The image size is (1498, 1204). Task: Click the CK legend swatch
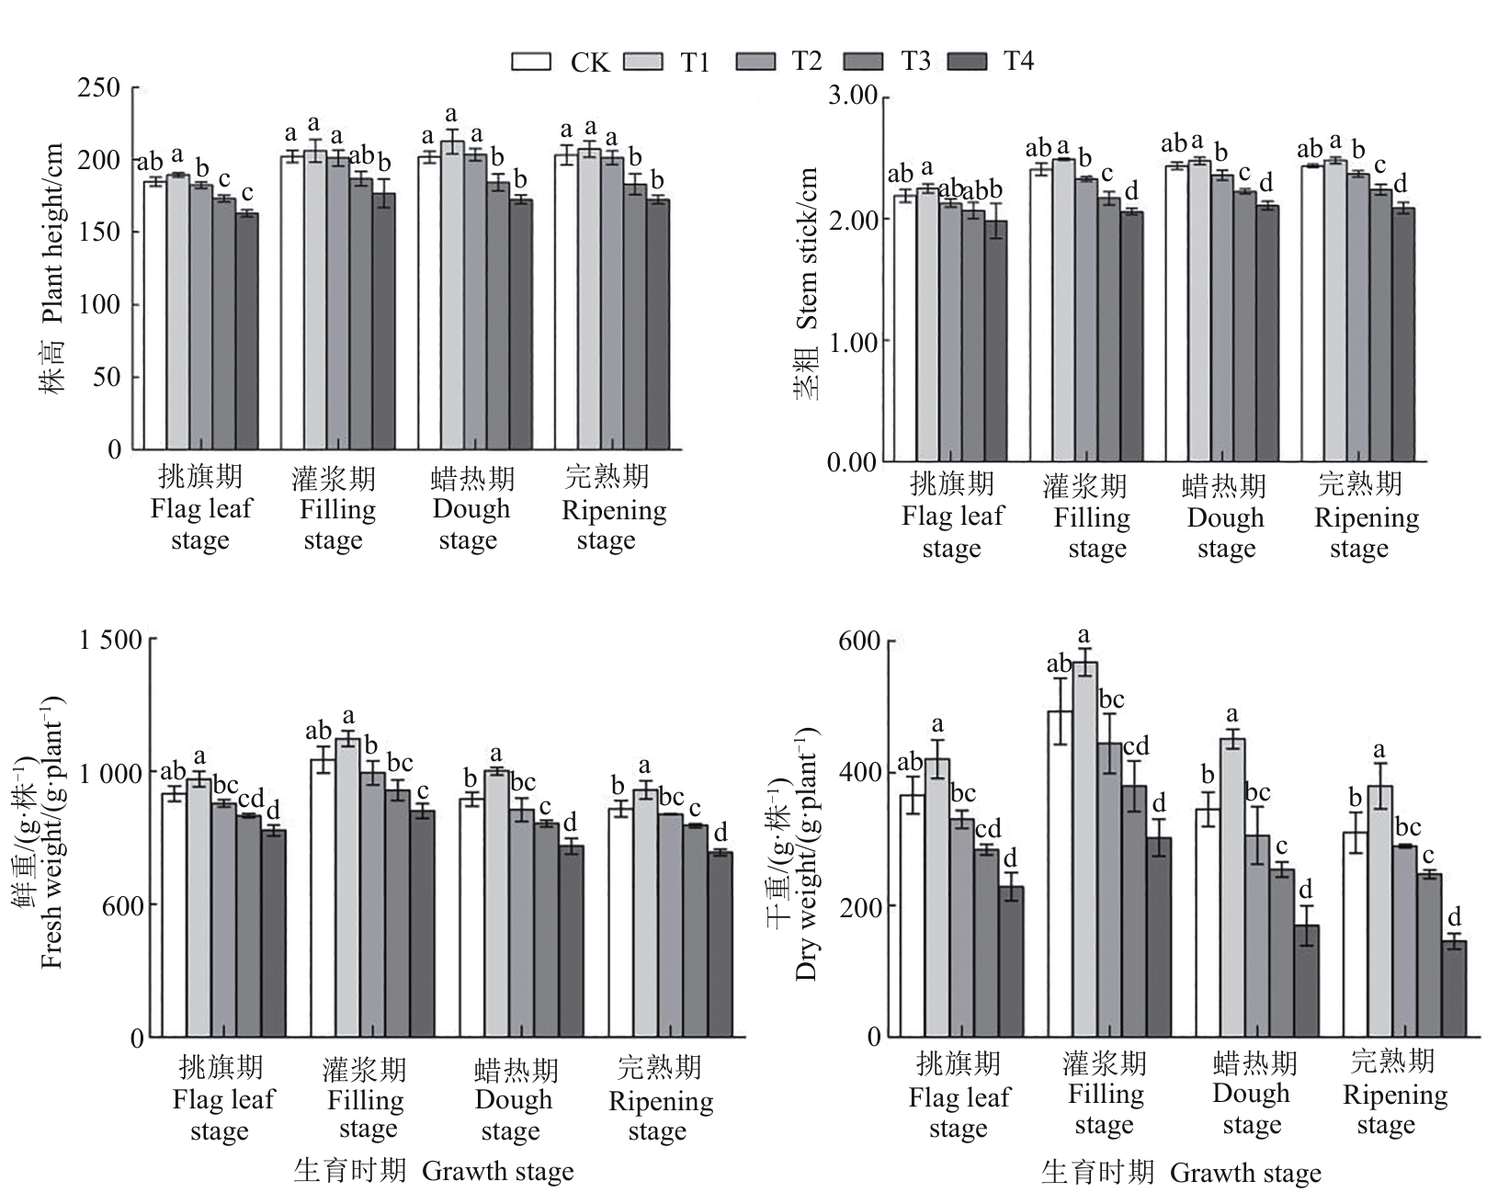point(531,61)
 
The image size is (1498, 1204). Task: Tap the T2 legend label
point(806,61)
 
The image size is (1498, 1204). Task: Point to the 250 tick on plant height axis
point(100,87)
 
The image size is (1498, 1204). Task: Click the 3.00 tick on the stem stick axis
point(852,97)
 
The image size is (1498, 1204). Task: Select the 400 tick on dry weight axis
point(860,773)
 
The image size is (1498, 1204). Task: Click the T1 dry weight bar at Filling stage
point(1085,846)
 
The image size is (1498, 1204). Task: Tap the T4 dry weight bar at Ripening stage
point(1454,988)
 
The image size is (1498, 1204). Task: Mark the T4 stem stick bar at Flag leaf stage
point(995,340)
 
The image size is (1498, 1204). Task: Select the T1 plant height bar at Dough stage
point(451,294)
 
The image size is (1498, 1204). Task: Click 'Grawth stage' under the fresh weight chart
point(497,1172)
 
